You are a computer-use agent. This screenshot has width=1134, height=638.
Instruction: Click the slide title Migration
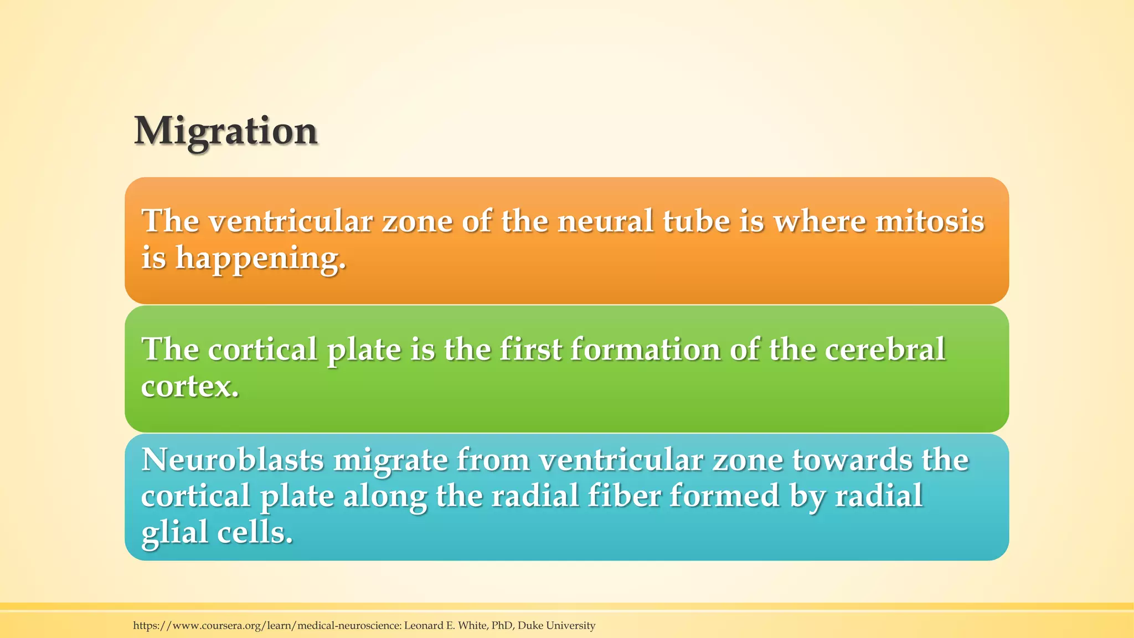[x=226, y=132]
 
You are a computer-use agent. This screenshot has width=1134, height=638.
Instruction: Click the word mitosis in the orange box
[x=930, y=221]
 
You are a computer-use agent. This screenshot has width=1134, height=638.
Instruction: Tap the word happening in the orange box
[x=260, y=259]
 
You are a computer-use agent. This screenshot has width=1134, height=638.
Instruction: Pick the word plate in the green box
[x=364, y=350]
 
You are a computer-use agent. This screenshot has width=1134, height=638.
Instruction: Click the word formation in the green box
[x=645, y=349]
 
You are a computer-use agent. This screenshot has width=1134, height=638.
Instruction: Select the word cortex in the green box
[x=189, y=386]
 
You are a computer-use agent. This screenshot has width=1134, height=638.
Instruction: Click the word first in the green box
[x=530, y=349]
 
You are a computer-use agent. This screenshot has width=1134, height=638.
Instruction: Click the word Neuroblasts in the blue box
[x=233, y=460]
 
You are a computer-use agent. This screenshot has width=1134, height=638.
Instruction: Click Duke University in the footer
[x=556, y=626]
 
